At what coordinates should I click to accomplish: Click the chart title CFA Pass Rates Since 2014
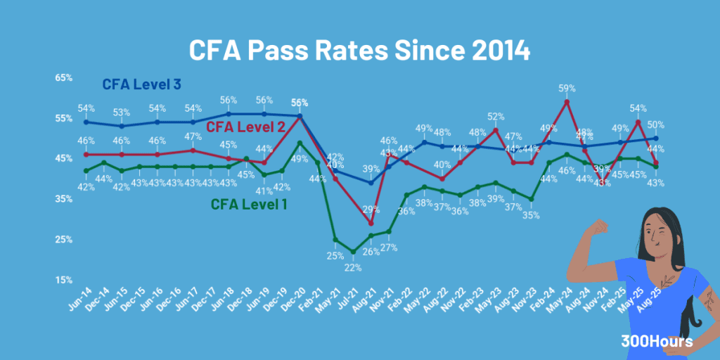359,51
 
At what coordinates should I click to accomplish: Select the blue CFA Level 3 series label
141,84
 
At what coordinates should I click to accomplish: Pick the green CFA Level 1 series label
251,205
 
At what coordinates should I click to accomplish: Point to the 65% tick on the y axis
64,78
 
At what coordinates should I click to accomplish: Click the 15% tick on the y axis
64,280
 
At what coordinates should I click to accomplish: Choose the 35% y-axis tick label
64,199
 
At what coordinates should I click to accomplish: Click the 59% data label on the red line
567,89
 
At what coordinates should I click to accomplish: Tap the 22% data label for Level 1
353,267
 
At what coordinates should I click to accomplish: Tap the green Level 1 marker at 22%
353,252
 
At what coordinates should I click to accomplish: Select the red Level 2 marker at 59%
567,102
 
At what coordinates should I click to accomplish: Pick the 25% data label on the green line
335,255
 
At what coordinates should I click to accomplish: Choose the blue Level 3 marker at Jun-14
86,122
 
